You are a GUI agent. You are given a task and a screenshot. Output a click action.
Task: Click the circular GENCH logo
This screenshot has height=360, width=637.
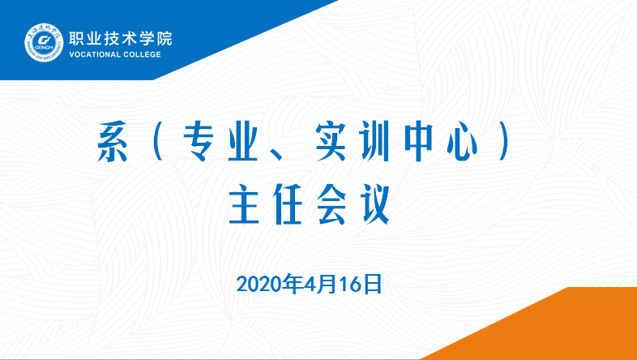44,42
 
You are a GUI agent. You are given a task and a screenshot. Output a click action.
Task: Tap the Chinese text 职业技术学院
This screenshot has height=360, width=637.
121,39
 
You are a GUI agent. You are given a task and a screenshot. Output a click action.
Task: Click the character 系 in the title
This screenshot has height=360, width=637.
113,142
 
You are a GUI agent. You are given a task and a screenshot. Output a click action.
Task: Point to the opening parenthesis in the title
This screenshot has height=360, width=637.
158,142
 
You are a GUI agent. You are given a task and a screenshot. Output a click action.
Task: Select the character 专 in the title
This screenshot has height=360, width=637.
199,142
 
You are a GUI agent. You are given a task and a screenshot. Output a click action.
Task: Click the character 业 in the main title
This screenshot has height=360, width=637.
244,142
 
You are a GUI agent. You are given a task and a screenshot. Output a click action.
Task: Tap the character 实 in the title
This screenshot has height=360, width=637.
331,142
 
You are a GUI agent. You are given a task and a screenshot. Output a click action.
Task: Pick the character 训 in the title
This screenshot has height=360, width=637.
374,142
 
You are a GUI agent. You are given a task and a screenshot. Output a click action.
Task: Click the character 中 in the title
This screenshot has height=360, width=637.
418,142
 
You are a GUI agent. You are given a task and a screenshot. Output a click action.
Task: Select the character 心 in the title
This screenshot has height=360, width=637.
462,143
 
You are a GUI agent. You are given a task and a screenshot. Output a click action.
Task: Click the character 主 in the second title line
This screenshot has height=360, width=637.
244,204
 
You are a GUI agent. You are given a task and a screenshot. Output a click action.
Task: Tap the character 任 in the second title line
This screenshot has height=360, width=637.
288,204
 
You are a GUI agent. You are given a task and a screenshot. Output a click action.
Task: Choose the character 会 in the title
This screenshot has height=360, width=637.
331,204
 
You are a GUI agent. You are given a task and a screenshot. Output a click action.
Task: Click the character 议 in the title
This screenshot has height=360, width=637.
376,204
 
